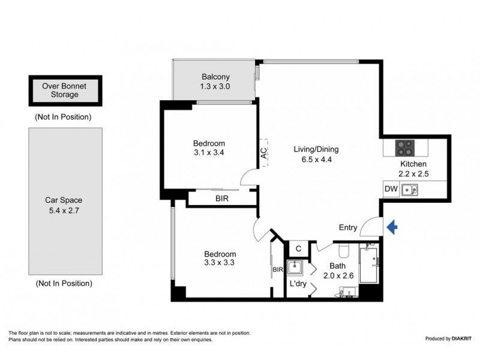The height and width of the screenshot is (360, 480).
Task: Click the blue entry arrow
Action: click(392, 227)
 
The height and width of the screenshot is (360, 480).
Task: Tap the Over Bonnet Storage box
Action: click(64, 91)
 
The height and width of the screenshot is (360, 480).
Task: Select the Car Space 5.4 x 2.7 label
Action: click(64, 206)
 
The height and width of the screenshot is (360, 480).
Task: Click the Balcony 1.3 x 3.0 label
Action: click(215, 82)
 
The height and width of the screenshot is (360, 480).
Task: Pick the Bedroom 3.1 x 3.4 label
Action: click(209, 148)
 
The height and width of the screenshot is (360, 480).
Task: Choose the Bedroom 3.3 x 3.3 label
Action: click(220, 259)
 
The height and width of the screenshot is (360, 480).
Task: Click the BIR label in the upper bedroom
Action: click(221, 198)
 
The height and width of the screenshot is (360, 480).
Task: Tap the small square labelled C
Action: click(298, 248)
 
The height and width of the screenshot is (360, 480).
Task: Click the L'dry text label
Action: click(298, 284)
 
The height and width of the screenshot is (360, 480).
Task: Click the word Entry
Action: click(348, 227)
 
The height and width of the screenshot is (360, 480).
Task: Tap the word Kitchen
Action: click(413, 164)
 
